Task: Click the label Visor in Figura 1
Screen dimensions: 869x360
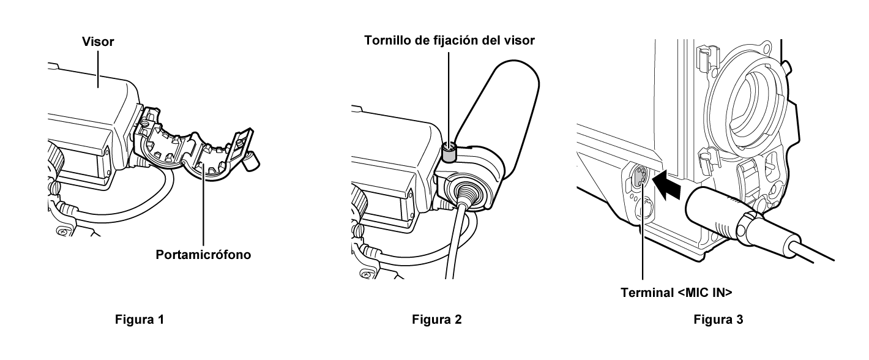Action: [98, 42]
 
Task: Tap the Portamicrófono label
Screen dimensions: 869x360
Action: [203, 255]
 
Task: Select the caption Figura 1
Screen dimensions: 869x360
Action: [140, 319]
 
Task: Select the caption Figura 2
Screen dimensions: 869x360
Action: [437, 319]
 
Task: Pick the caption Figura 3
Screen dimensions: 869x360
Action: [718, 319]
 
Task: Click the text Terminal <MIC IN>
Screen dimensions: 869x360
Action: [676, 293]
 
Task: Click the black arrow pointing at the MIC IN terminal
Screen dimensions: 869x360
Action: [666, 185]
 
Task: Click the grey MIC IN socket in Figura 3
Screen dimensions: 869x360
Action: [640, 178]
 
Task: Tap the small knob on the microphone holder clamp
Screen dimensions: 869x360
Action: [252, 160]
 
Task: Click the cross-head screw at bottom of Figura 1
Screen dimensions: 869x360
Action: [62, 231]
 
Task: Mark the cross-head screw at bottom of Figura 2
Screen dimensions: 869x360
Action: [366, 274]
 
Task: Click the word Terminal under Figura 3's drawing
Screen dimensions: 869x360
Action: [647, 293]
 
